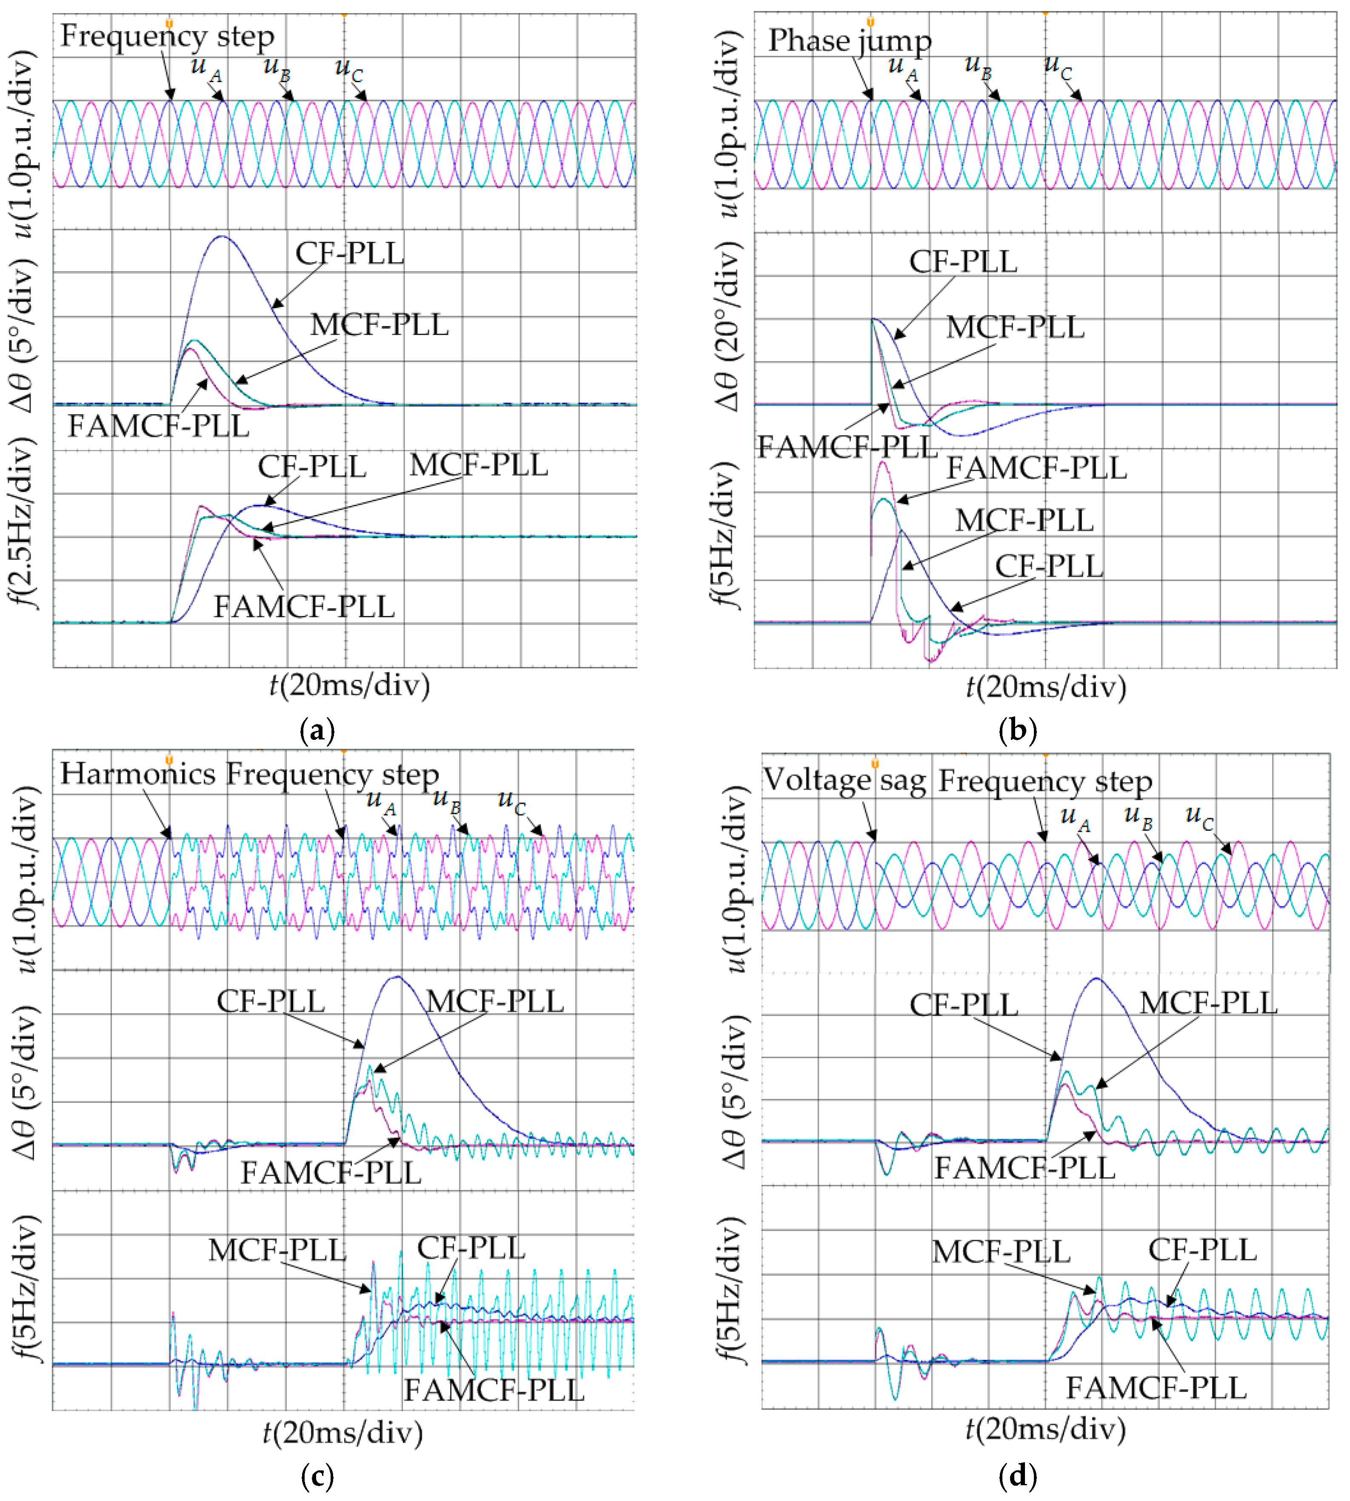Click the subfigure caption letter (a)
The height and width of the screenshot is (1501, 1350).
point(317,731)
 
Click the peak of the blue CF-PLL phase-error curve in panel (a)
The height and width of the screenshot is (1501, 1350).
point(222,237)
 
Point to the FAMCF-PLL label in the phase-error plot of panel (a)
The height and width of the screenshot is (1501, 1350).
point(158,426)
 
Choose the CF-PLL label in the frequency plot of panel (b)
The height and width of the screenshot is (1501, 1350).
point(1049,566)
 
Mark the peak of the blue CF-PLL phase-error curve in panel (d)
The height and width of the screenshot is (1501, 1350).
point(1096,980)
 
